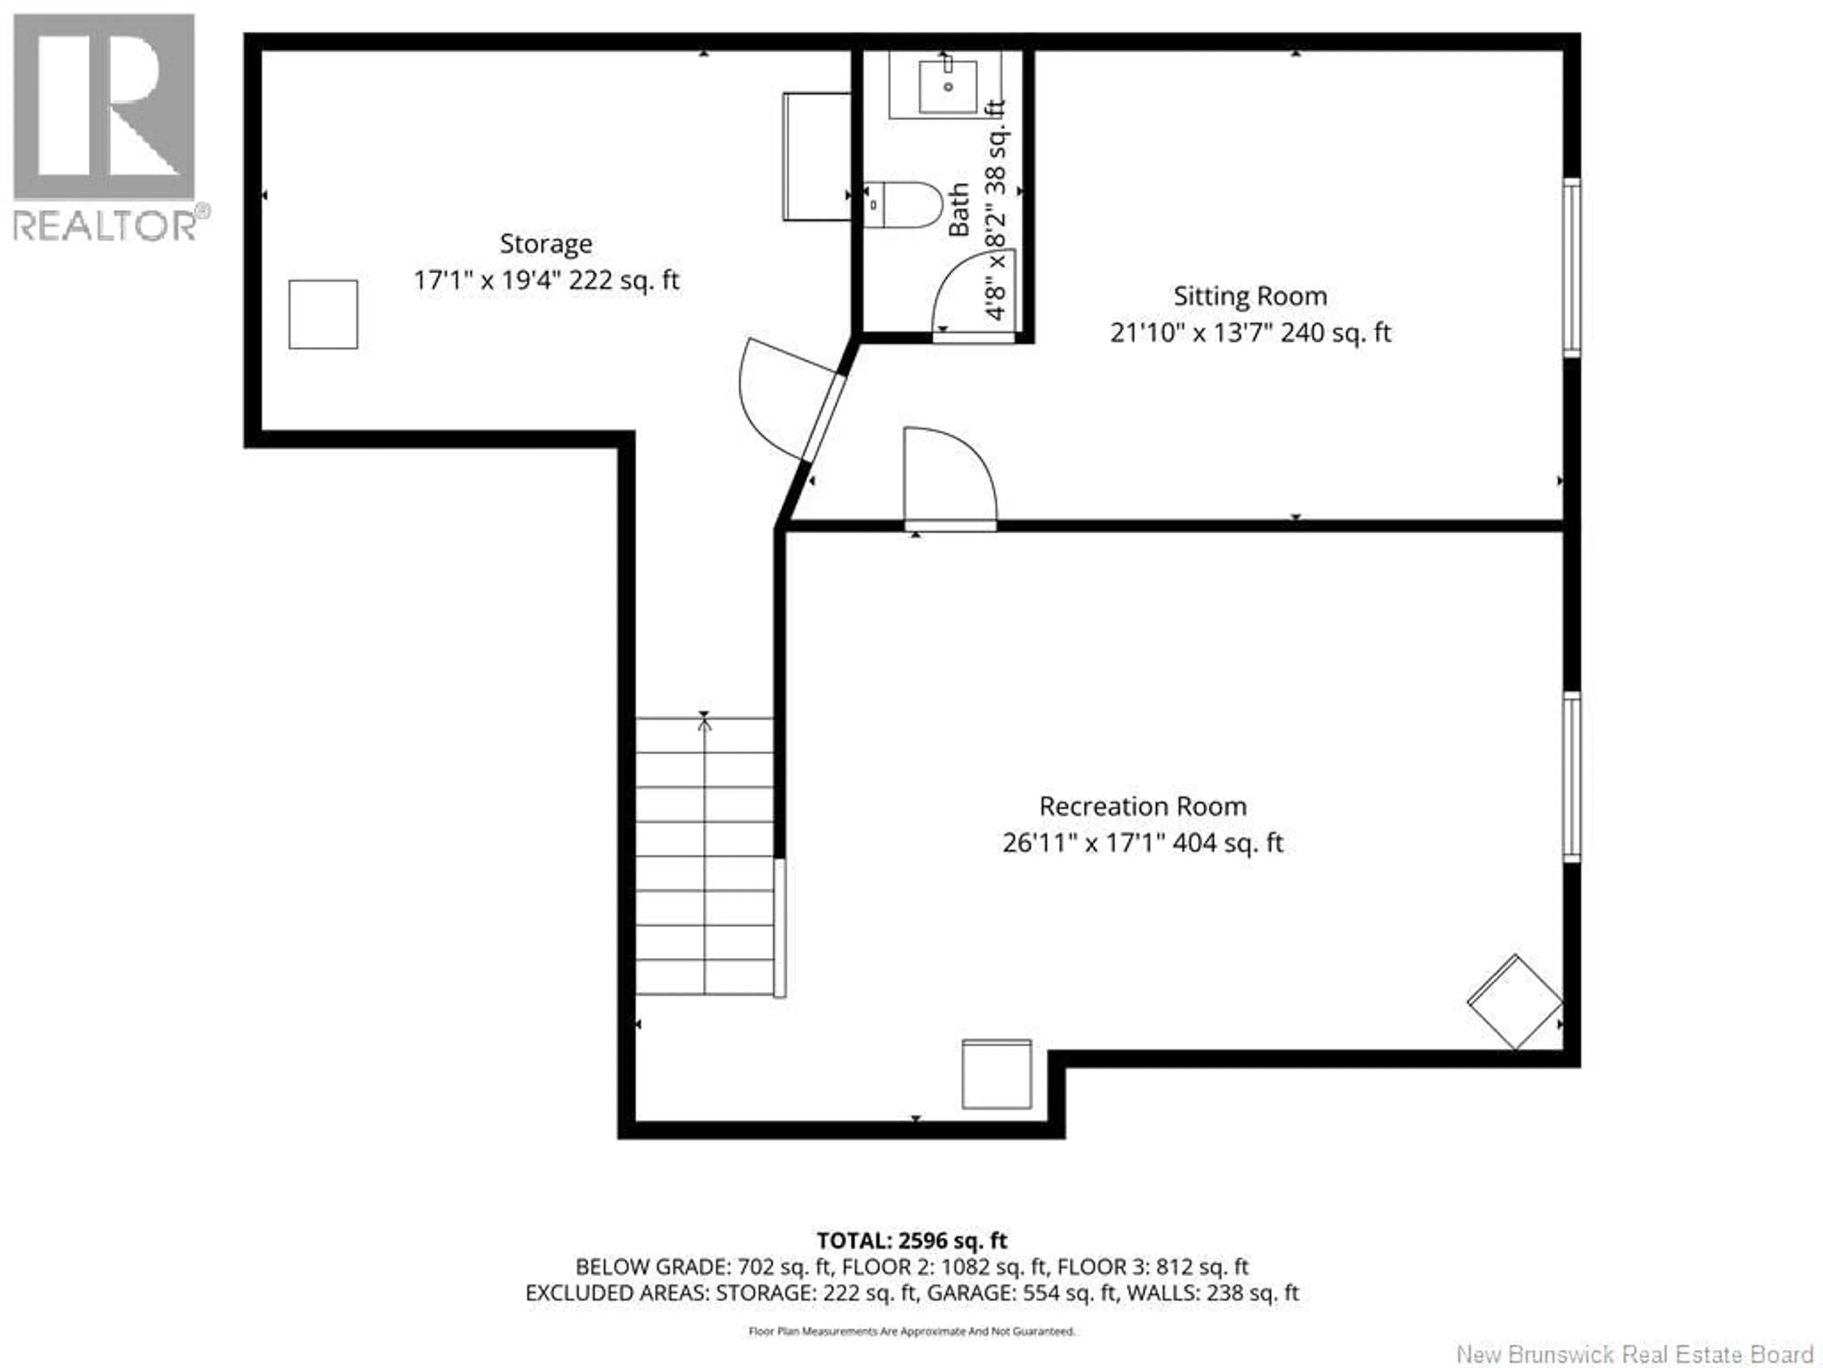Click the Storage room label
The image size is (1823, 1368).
coord(545,244)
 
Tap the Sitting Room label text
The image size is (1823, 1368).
coord(1250,296)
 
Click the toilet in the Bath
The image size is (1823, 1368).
coord(907,205)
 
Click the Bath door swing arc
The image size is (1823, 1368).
coord(964,285)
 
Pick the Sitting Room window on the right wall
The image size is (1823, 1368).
coord(1571,268)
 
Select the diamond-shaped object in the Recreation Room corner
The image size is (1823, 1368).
coord(1515,1002)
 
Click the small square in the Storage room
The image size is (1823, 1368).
coord(323,314)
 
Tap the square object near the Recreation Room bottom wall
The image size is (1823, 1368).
coord(996,1073)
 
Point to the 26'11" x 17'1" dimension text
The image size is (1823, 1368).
coord(1142,843)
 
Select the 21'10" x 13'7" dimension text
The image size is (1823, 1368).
coord(1250,333)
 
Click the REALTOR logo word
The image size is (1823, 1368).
coord(105,224)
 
